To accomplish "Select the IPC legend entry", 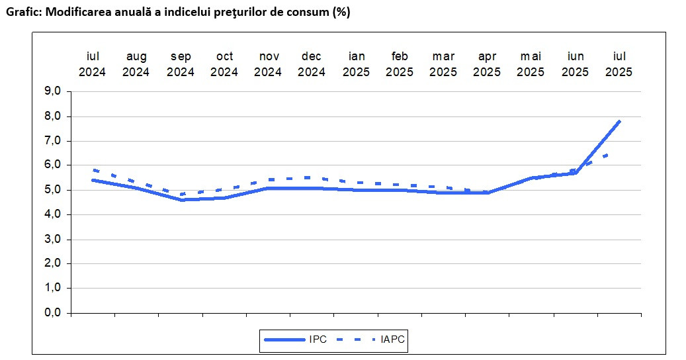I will [316, 340].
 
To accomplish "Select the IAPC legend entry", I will [392, 340].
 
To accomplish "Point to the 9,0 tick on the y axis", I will [53, 92].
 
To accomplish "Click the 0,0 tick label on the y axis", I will [53, 313].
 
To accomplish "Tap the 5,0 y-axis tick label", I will [53, 190].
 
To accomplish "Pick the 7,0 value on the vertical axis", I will [53, 141].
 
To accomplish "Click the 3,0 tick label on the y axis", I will [53, 239].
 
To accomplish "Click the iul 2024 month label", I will [93, 64].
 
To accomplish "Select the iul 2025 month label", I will [619, 64].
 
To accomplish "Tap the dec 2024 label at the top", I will [312, 64].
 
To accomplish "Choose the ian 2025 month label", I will [356, 64].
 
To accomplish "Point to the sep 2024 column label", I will [181, 64].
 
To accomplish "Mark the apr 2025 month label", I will [487, 64].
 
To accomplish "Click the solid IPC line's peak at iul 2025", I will [619, 121].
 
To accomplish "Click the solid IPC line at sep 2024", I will [181, 200].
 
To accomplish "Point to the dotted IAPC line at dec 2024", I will [312, 177].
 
